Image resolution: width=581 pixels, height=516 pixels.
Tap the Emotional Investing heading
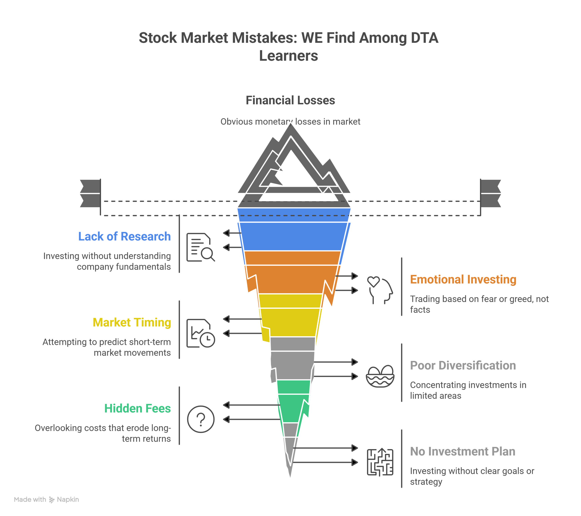click(x=463, y=280)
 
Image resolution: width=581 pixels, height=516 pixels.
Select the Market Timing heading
click(x=132, y=323)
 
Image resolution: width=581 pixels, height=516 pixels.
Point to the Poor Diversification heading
click(x=463, y=365)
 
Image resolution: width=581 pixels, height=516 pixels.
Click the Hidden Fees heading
click(x=138, y=408)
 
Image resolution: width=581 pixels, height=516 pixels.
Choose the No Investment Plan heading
click(x=463, y=452)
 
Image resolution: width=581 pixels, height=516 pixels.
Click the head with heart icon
click(x=380, y=290)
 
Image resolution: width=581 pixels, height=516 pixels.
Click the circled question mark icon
click(x=201, y=419)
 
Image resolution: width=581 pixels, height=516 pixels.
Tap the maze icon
click(x=380, y=462)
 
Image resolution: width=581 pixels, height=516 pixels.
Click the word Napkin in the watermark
click(x=68, y=499)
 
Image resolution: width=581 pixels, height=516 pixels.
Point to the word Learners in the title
click(x=288, y=56)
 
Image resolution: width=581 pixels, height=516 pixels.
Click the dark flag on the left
click(x=90, y=193)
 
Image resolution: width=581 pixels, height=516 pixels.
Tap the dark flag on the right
click(x=491, y=193)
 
